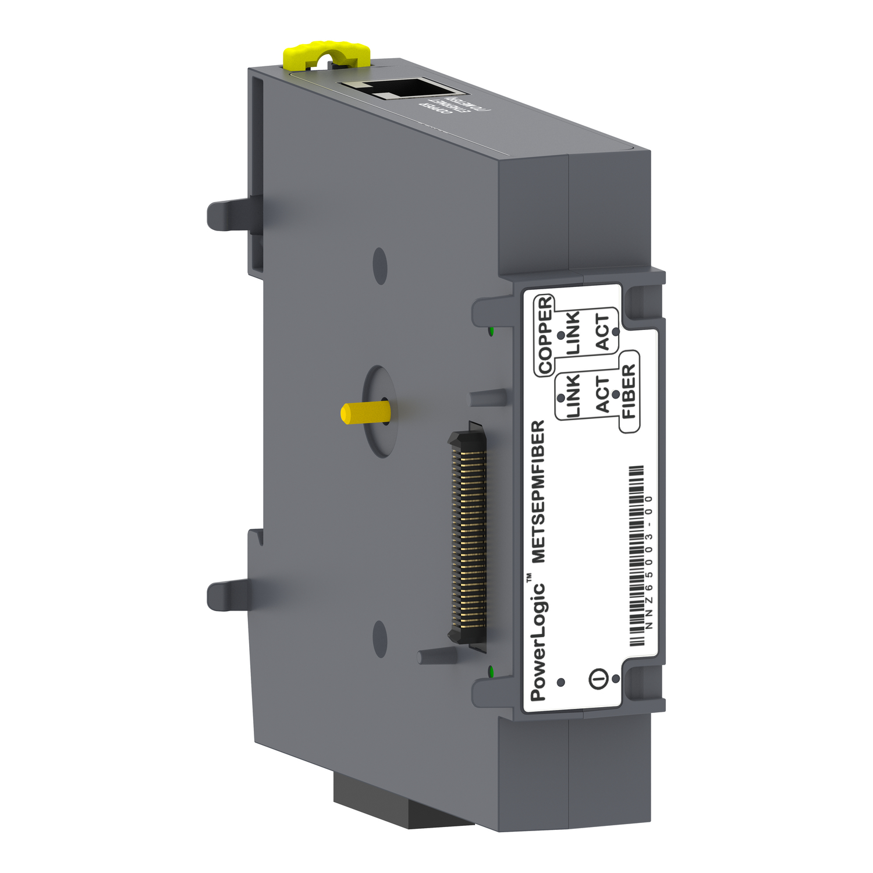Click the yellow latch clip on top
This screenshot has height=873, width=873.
point(326,54)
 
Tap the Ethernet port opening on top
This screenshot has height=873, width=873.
point(402,88)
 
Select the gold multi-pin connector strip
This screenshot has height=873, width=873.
point(469,539)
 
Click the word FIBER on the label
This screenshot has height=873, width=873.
point(629,391)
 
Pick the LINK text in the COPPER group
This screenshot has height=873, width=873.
point(573,332)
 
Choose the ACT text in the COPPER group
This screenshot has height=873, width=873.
point(602,332)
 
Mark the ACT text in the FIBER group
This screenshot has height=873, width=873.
point(602,394)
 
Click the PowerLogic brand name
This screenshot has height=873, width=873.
point(538,640)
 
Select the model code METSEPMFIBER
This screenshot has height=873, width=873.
point(538,492)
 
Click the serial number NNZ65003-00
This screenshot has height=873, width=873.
point(650,562)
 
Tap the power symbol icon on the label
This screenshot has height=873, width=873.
point(599,678)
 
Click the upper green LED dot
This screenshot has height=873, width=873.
point(491,332)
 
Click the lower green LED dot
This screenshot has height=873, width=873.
point(491,672)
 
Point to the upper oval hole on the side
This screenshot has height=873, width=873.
point(380,266)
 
